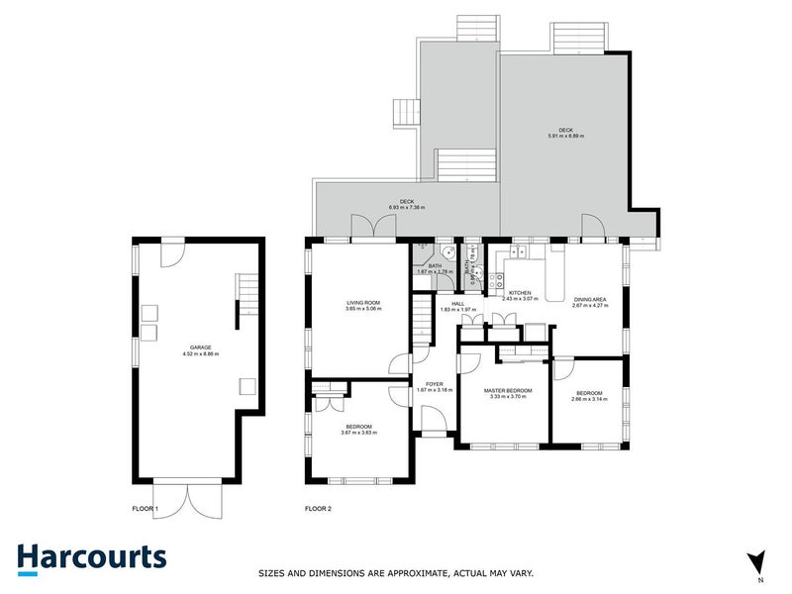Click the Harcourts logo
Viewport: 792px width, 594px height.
[x=91, y=556]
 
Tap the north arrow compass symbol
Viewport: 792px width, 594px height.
[x=758, y=562]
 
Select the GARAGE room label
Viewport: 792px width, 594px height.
[x=194, y=347]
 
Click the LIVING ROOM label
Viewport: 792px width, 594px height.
[x=363, y=303]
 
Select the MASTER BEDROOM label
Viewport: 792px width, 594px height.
[x=508, y=391]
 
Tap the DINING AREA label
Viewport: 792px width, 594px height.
[x=589, y=299]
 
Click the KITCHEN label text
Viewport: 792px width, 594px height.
[x=521, y=293]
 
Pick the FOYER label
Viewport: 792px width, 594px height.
[x=434, y=383]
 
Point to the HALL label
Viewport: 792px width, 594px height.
[x=457, y=304]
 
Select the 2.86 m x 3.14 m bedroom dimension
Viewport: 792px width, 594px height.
[x=588, y=398]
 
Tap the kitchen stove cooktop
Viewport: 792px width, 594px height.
[x=502, y=278]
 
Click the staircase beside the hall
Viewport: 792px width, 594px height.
[x=423, y=322]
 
